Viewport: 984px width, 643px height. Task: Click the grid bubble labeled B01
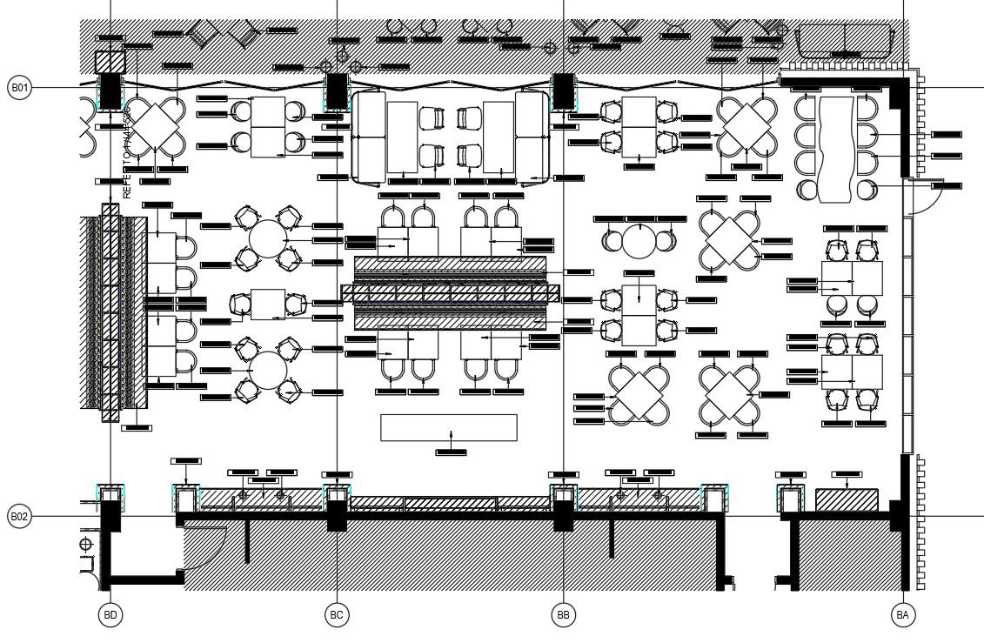point(19,87)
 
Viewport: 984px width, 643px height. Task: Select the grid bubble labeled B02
point(19,516)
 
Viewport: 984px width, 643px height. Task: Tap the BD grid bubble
point(110,615)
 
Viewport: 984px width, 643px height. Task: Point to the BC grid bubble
point(337,615)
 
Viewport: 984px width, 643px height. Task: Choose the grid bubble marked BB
point(564,615)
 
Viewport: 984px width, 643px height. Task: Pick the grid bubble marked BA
point(903,615)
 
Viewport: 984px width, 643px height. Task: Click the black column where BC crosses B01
point(337,90)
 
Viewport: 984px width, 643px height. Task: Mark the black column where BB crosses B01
point(563,90)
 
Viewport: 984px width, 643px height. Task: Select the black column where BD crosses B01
point(110,90)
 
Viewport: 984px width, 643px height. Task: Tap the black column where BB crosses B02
point(564,517)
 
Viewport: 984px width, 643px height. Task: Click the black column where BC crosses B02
point(338,517)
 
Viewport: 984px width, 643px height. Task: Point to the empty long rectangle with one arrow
point(449,427)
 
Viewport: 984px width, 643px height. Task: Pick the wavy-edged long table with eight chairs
point(836,149)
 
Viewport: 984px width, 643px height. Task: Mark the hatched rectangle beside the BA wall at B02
point(846,500)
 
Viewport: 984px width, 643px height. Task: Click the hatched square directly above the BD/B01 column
point(110,62)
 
